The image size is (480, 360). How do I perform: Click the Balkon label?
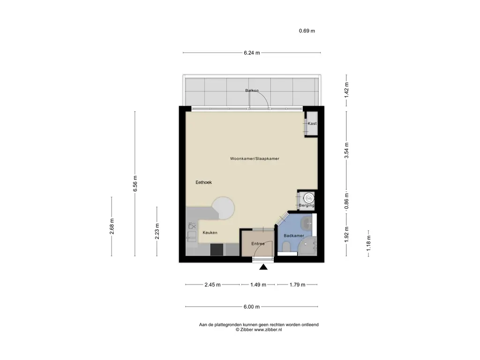(x=252, y=90)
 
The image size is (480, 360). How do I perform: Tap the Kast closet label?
(x=312, y=123)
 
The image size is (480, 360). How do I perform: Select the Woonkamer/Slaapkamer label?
(x=255, y=158)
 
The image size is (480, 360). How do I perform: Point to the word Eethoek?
(x=203, y=182)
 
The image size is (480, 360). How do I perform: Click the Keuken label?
(x=210, y=232)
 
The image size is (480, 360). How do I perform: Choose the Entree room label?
(x=258, y=244)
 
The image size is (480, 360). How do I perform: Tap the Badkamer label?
(x=294, y=235)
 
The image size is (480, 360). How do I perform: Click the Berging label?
(x=307, y=205)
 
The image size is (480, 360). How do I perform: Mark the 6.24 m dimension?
(x=252, y=52)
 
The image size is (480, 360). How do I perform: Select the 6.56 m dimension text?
(x=135, y=184)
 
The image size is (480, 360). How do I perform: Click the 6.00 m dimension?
(x=252, y=307)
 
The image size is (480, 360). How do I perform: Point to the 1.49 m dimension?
(x=258, y=285)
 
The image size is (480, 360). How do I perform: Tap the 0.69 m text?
(x=307, y=30)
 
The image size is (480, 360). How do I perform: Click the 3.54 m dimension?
(x=346, y=150)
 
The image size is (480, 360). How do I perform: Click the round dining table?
(x=224, y=208)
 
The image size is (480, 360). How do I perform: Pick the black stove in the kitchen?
(x=217, y=249)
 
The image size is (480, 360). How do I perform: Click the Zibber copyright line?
(x=259, y=330)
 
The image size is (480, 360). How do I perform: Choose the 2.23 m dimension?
(x=157, y=231)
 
